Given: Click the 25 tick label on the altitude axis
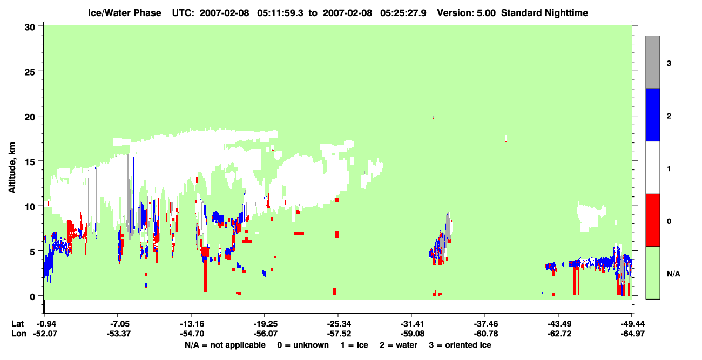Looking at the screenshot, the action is (30, 72).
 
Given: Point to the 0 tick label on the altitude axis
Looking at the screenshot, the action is (32, 297).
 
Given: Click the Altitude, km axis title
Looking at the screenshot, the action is (12, 167).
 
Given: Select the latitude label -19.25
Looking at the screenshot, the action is (265, 324).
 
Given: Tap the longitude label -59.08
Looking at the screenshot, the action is (412, 334).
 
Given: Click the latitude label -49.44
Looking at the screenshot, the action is (632, 324).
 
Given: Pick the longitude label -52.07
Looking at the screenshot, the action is (45, 334).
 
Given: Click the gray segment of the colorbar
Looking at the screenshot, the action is (652, 62).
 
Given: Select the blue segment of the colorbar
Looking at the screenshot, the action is (652, 114).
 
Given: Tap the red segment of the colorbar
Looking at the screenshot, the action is (652, 220).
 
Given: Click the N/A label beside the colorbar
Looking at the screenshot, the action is (673, 274).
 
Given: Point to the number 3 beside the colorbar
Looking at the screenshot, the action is (669, 64).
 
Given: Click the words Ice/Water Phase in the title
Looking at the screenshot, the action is (124, 13).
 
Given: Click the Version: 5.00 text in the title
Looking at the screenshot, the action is (467, 13).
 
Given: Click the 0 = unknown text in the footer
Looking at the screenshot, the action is (303, 345).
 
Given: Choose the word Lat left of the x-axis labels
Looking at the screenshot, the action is (17, 324).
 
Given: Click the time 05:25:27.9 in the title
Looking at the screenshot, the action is (403, 13).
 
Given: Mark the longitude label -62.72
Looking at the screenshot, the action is (559, 334).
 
